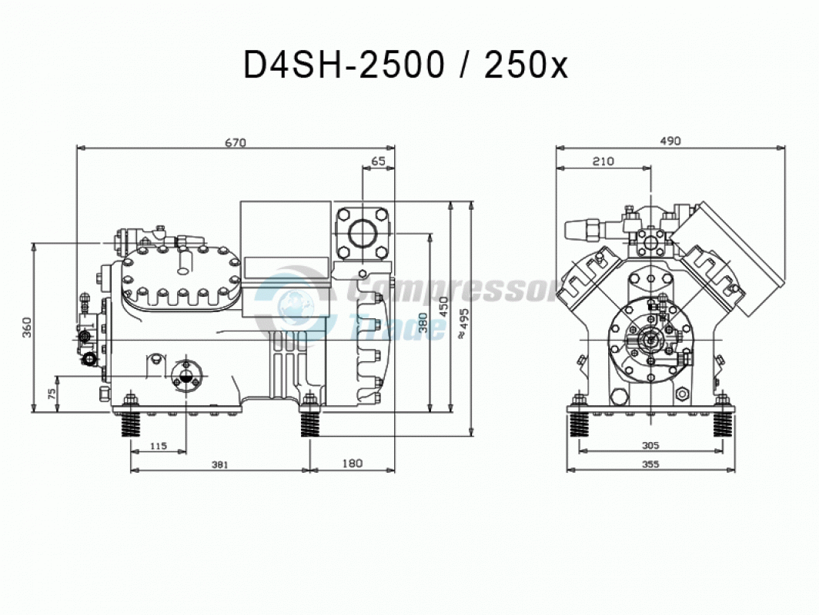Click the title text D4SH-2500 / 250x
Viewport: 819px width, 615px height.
(x=406, y=65)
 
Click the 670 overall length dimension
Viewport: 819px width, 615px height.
(x=236, y=142)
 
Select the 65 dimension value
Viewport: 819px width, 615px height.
(x=378, y=161)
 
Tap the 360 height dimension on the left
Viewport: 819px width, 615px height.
(x=28, y=327)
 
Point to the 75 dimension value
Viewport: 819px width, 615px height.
(x=52, y=394)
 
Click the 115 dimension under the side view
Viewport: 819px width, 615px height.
(x=159, y=446)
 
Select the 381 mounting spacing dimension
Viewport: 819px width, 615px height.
(x=219, y=465)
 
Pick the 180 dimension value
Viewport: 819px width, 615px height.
(x=353, y=464)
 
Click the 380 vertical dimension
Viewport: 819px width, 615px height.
(x=423, y=323)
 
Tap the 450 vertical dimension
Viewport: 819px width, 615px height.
(x=444, y=307)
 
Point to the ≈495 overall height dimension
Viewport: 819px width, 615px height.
(x=463, y=324)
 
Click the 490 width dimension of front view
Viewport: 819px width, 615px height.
(x=670, y=141)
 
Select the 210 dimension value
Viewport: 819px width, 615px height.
(x=603, y=161)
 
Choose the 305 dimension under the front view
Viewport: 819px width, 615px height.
(x=650, y=445)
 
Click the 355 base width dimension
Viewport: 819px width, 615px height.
(x=650, y=464)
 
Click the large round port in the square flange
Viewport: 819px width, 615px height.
(x=362, y=233)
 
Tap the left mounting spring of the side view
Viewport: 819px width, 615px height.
(x=131, y=423)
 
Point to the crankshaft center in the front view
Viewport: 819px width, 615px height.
(x=651, y=340)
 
